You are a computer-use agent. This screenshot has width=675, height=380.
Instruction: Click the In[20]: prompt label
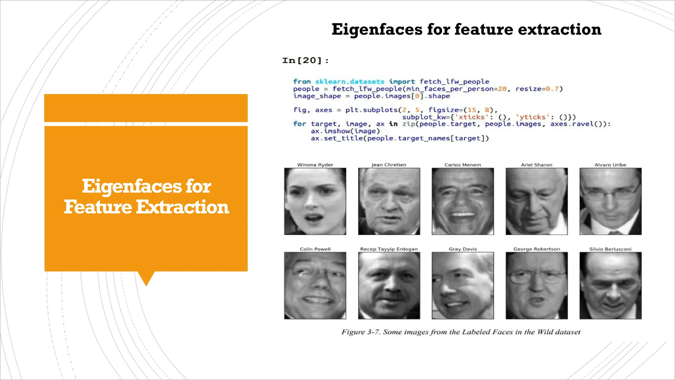pyautogui.click(x=305, y=61)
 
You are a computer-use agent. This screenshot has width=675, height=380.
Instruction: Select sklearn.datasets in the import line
pyautogui.click(x=350, y=81)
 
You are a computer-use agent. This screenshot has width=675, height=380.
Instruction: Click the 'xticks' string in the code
pyautogui.click(x=471, y=117)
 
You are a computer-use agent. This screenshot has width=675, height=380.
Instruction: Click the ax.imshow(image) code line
pyautogui.click(x=345, y=131)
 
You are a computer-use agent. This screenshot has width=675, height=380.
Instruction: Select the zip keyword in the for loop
pyautogui.click(x=409, y=124)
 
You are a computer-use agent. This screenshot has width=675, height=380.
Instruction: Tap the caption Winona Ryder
pyautogui.click(x=315, y=165)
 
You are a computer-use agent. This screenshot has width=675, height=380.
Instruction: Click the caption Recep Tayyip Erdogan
pyautogui.click(x=389, y=249)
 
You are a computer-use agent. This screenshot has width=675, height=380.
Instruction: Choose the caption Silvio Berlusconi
pyautogui.click(x=610, y=249)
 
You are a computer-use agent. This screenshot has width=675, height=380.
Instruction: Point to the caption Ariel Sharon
pyautogui.click(x=537, y=165)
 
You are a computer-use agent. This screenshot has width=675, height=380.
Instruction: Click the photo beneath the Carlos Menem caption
pyautogui.click(x=463, y=201)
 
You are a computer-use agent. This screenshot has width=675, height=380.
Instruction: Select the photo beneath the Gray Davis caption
pyautogui.click(x=463, y=286)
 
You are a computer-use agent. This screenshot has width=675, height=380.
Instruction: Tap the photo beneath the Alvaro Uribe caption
pyautogui.click(x=610, y=201)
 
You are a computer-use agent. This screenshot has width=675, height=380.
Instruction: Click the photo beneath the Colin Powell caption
pyautogui.click(x=315, y=286)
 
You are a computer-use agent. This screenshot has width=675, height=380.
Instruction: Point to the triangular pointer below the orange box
pyautogui.click(x=146, y=278)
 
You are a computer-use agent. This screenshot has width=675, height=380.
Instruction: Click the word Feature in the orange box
pyautogui.click(x=98, y=207)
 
